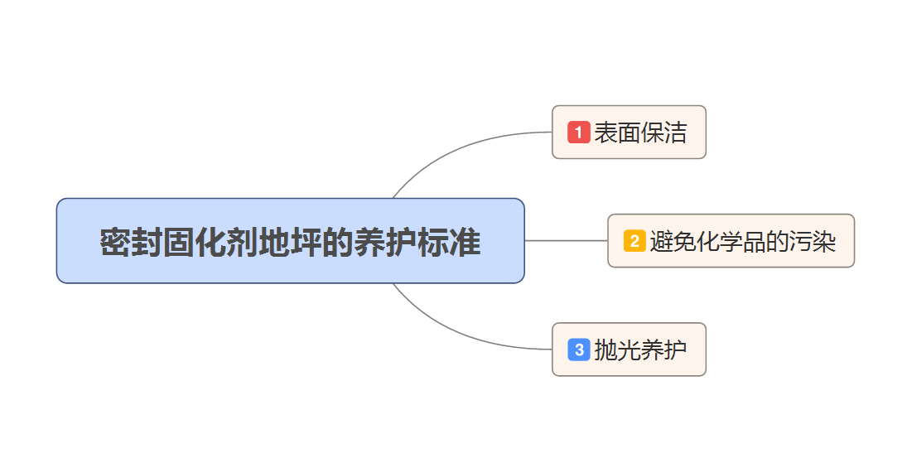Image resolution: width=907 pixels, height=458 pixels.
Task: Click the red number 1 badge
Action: pyautogui.click(x=578, y=132)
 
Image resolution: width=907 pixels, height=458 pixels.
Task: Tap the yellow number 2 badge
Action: pyautogui.click(x=634, y=241)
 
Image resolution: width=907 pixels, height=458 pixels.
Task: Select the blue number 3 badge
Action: pyautogui.click(x=578, y=350)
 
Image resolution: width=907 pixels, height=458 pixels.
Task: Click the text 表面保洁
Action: pyautogui.click(x=640, y=133)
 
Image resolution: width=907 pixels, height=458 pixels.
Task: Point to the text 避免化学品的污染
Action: pyautogui.click(x=742, y=242)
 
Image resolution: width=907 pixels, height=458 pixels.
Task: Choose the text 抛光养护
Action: pyautogui.click(x=640, y=350)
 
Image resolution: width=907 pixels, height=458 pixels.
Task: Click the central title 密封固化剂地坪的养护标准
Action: pyautogui.click(x=290, y=242)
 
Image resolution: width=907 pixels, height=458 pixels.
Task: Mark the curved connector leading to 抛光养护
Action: pyautogui.click(x=464, y=335)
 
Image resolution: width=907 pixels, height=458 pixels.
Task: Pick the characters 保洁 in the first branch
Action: pyautogui.click(x=663, y=133)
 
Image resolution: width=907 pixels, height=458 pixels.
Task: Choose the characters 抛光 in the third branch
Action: pyautogui.click(x=617, y=350)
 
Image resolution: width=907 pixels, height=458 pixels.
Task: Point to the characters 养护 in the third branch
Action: pyautogui.click(x=663, y=350)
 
